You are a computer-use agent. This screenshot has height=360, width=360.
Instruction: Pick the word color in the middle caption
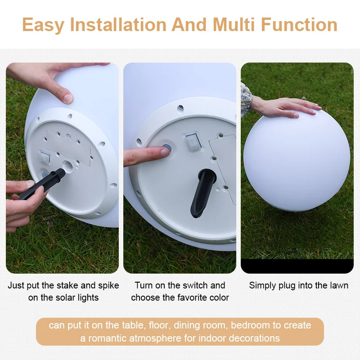(x=218, y=297)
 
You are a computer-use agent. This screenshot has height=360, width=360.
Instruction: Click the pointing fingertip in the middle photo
(x=162, y=152)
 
